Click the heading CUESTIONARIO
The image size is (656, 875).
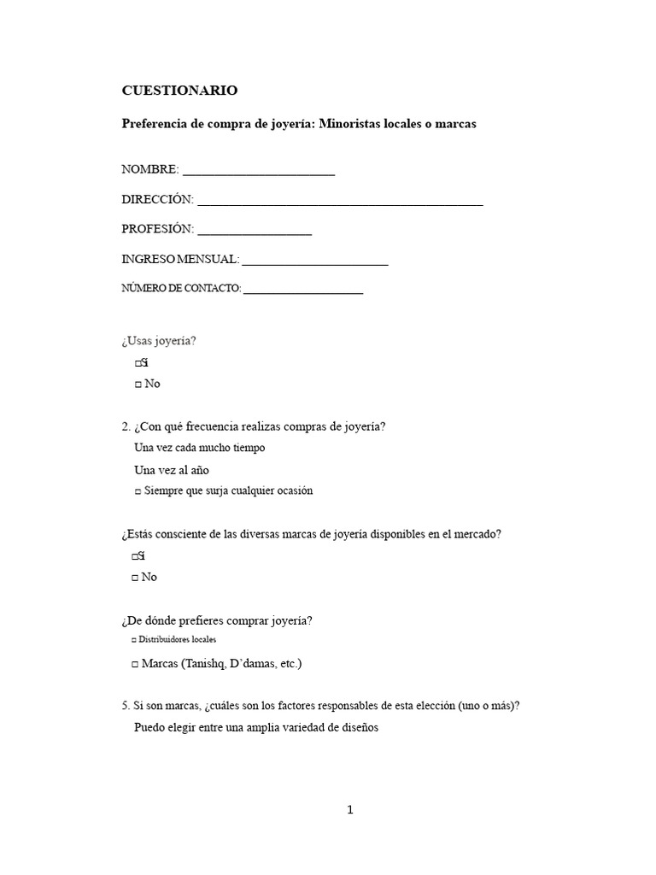(x=179, y=90)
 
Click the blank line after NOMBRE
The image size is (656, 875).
(x=258, y=171)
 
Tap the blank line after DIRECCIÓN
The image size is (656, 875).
(x=339, y=202)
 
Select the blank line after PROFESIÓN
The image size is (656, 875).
(x=255, y=231)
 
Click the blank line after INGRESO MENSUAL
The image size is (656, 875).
(x=315, y=261)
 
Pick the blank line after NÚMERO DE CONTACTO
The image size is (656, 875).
(x=303, y=291)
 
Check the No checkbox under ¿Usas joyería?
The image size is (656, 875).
(x=138, y=385)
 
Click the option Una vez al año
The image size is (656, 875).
(x=172, y=470)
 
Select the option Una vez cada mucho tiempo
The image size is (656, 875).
(x=199, y=448)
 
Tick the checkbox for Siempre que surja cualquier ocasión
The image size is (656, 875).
(x=138, y=491)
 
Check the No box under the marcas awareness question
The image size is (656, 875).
(x=135, y=578)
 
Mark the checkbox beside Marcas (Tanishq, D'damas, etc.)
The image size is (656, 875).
(x=136, y=664)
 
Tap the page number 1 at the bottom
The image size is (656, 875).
(x=349, y=810)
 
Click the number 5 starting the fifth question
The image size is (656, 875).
(x=125, y=706)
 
